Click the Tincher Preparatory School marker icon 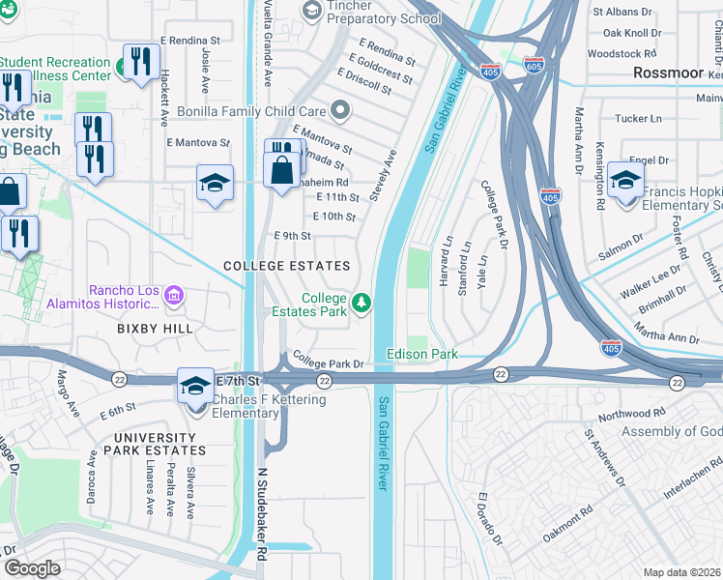click(311, 10)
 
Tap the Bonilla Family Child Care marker click(339, 109)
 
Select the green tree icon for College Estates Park click(361, 304)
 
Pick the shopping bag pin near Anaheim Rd click(280, 170)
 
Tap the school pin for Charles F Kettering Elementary click(195, 386)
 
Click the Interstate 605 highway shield click(533, 66)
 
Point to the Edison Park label click(422, 355)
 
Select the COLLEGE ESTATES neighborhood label click(285, 266)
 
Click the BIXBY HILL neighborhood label click(155, 329)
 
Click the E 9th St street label click(292, 236)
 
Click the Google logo click(32, 568)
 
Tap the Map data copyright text click(682, 572)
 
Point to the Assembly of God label click(671, 431)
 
